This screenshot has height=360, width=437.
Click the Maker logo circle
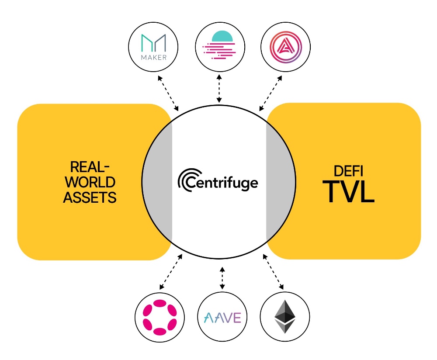click(153, 47)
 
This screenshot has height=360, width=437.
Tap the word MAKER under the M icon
click(154, 57)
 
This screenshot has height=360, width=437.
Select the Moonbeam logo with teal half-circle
click(220, 45)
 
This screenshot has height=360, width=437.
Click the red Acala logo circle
click(286, 47)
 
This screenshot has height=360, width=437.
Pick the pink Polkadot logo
click(160, 317)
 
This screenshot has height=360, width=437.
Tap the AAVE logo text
click(222, 317)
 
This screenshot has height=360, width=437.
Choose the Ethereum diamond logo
click(285, 317)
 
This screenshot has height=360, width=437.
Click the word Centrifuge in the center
click(222, 183)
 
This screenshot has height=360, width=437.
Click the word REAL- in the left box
click(90, 167)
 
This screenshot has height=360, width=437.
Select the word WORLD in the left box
click(90, 182)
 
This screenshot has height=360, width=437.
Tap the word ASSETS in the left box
click(90, 197)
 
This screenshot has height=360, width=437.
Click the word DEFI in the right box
click(348, 171)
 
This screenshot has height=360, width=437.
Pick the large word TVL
click(348, 192)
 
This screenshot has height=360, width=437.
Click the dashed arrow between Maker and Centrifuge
click(168, 93)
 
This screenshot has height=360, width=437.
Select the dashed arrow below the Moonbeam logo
click(219, 88)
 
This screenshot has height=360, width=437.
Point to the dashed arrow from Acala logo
click(271, 93)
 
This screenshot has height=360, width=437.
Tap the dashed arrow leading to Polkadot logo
click(171, 272)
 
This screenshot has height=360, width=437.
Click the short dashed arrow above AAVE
click(222, 278)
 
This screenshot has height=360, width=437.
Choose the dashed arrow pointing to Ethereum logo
click(273, 272)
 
